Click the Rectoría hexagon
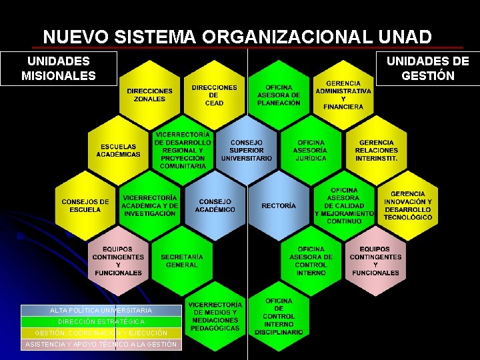pyautogui.click(x=279, y=206)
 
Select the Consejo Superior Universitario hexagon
pyautogui.click(x=247, y=150)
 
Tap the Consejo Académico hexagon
pyautogui.click(x=215, y=205)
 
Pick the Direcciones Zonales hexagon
pyautogui.click(x=149, y=95)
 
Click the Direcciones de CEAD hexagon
pyautogui.click(x=214, y=95)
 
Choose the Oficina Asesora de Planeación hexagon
pyautogui.click(x=279, y=95)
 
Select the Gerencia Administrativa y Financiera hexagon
pyautogui.click(x=343, y=95)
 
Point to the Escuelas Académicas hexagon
pyautogui.click(x=118, y=150)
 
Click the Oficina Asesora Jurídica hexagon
pyautogui.click(x=311, y=150)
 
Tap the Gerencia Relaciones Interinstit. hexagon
pyautogui.click(x=376, y=150)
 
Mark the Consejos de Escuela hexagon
pyautogui.click(x=85, y=205)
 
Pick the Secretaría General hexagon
pyautogui.click(x=182, y=261)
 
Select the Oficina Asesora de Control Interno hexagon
pyautogui.click(x=311, y=261)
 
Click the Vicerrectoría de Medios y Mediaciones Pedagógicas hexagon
pyautogui.click(x=214, y=316)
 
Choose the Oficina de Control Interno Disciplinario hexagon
pyautogui.click(x=279, y=316)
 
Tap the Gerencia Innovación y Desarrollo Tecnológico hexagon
pyautogui.click(x=408, y=205)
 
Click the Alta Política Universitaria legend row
pyautogui.click(x=101, y=310)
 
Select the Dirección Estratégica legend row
pyautogui.click(x=101, y=321)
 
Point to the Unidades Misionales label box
pyautogui.click(x=59, y=69)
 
